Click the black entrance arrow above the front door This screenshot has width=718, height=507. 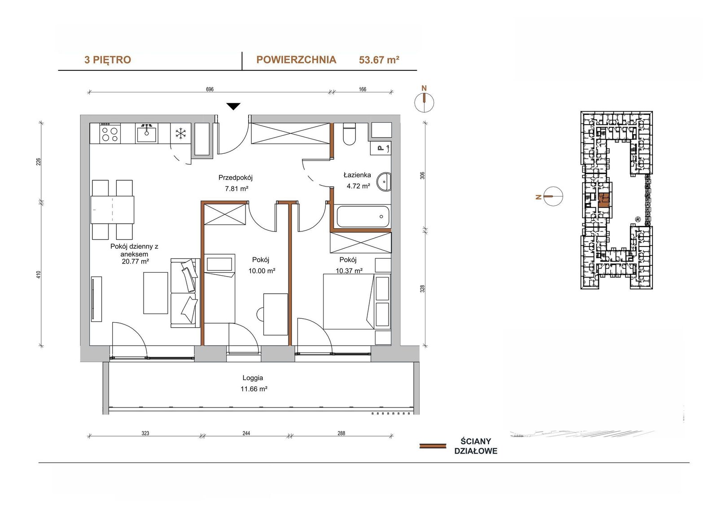click(233, 106)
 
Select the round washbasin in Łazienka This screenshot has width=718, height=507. click(384, 182)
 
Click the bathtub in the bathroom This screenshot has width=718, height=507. click(363, 217)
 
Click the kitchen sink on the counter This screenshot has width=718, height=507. click(147, 133)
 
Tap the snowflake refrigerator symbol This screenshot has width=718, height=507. click(181, 134)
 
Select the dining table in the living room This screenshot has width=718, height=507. click(113, 210)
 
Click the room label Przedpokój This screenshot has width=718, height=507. click(236, 178)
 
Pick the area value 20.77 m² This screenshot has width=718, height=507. click(135, 261)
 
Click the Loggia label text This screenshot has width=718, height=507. click(253, 378)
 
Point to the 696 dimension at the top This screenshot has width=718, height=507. click(210, 89)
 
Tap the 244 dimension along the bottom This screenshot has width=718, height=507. click(246, 433)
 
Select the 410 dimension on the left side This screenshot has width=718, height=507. click(39, 274)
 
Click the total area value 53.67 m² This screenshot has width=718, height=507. click(379, 60)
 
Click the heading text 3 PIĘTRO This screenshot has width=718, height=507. click(108, 60)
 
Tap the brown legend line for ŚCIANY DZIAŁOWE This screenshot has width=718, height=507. click(433, 446)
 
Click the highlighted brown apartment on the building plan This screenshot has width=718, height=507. click(604, 201)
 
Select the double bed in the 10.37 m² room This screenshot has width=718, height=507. click(348, 302)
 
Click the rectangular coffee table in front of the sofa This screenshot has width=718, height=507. click(155, 293)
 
